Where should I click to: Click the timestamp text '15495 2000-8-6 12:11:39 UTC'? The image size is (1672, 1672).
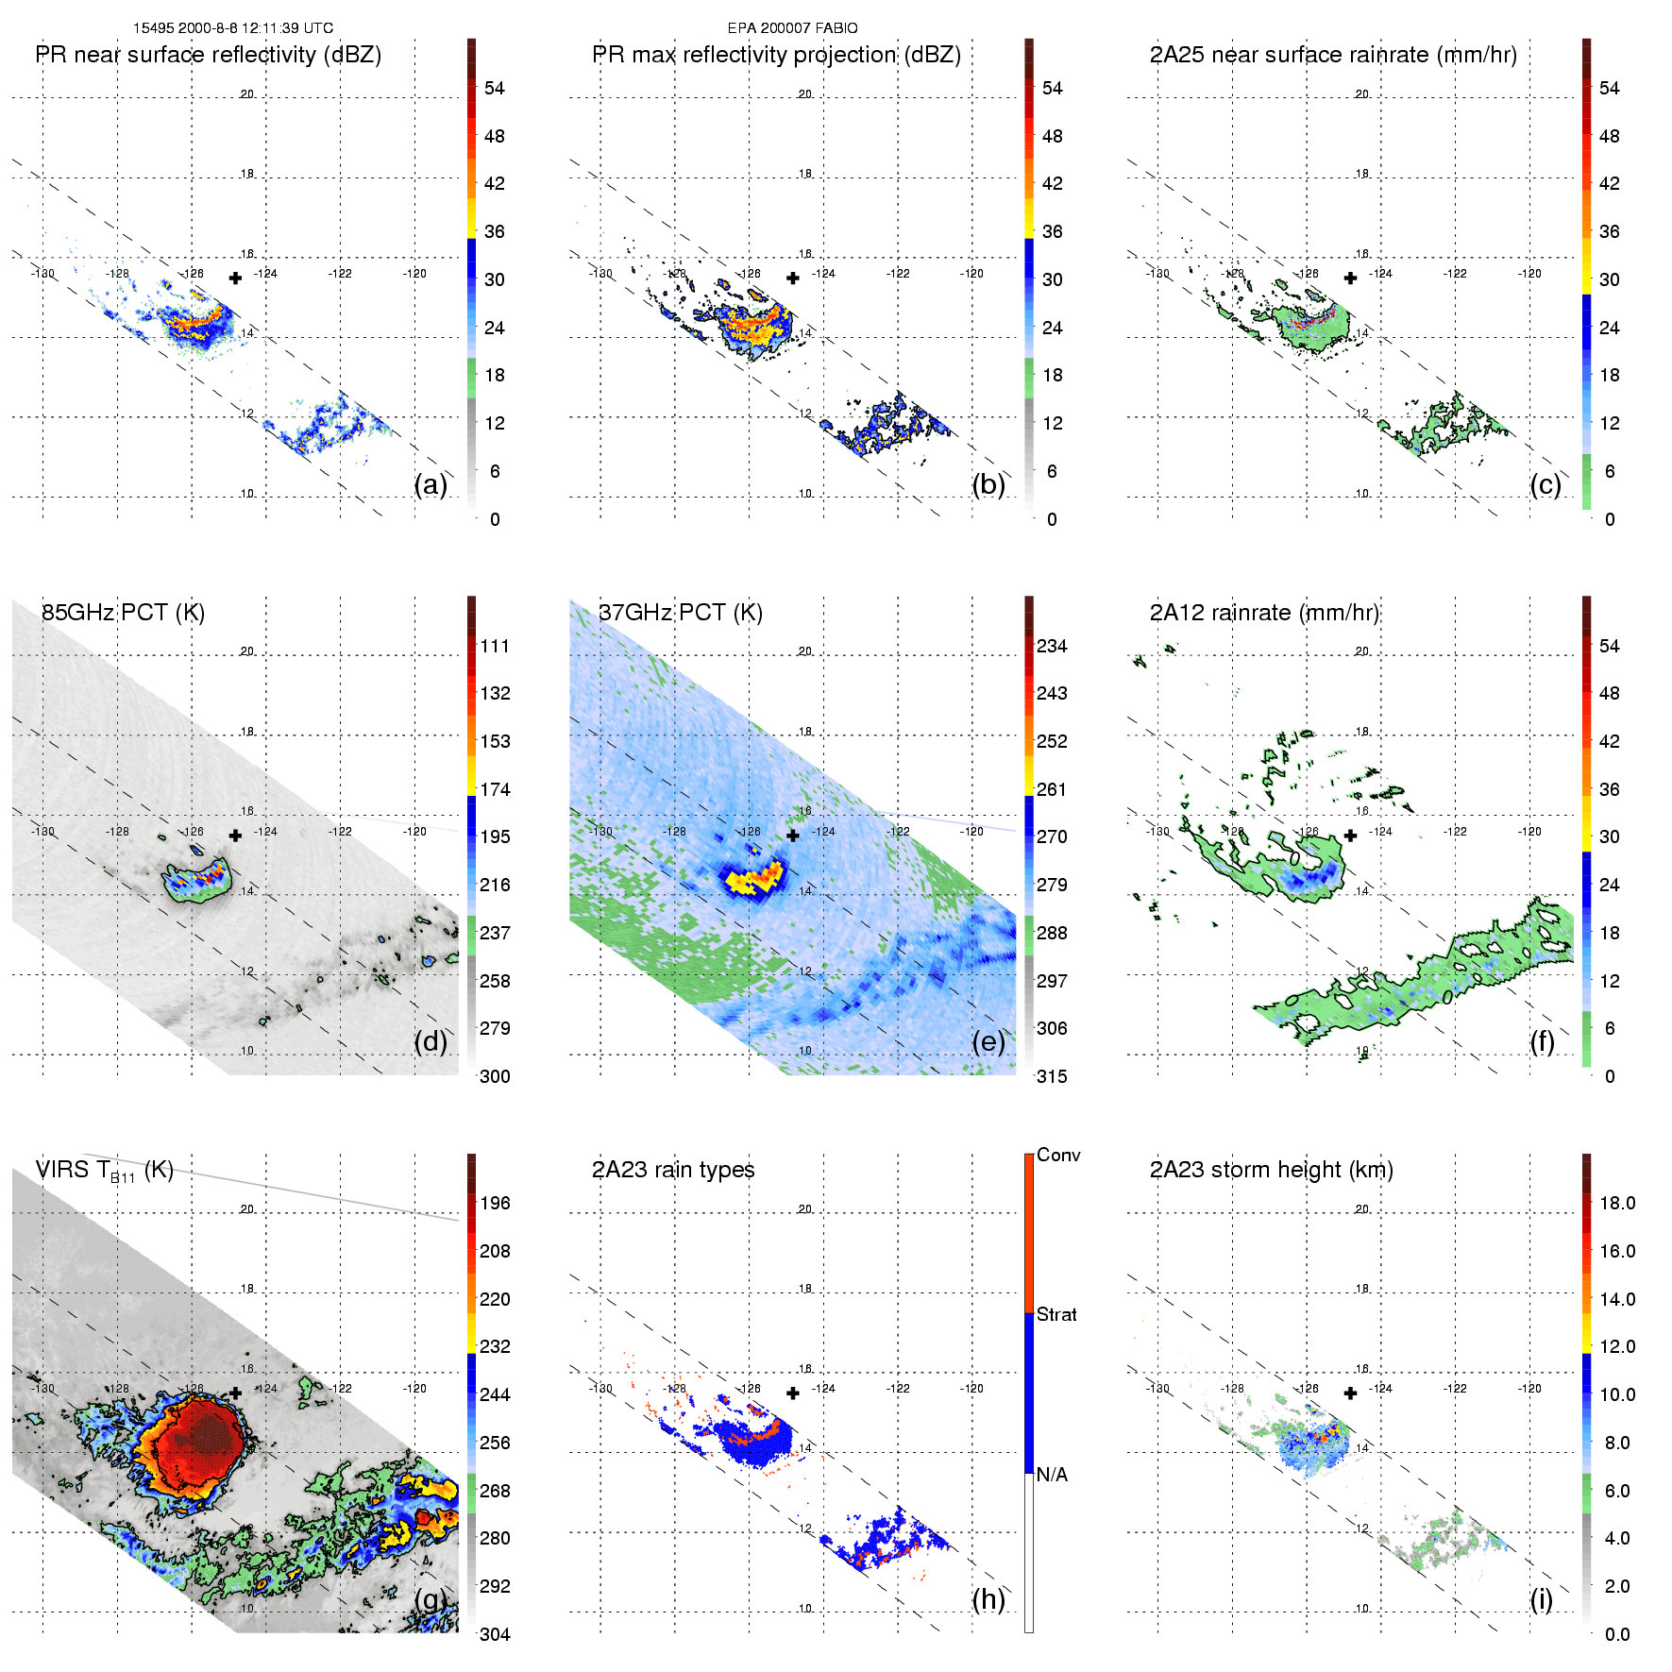[x=232, y=28]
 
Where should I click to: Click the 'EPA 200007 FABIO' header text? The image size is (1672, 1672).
[x=792, y=28]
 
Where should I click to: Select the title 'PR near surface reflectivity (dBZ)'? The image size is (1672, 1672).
[x=208, y=55]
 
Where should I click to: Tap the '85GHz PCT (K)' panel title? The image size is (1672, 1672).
[x=123, y=613]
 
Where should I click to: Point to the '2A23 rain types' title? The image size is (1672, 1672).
[x=673, y=1170]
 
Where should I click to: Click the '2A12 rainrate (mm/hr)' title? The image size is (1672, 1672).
[x=1264, y=613]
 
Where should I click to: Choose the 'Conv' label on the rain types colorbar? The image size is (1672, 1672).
[x=1058, y=1155]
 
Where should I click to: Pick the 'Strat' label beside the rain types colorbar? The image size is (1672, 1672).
[x=1056, y=1314]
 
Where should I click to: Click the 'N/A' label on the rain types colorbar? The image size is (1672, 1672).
[x=1052, y=1475]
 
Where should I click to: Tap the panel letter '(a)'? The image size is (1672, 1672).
[x=431, y=484]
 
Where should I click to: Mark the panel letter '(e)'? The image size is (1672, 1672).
[x=988, y=1041]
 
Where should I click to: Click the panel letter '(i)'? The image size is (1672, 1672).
[x=1541, y=1599]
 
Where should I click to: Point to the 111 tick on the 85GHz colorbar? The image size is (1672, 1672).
[x=495, y=646]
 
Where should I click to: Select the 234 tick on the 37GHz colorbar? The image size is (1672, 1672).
[x=1052, y=646]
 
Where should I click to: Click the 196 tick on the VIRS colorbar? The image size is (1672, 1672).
[x=495, y=1203]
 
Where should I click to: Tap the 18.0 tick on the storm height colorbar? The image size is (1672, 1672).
[x=1617, y=1203]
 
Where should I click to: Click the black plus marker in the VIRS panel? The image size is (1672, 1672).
[x=235, y=1393]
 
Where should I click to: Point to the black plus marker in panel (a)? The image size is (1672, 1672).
[x=235, y=278]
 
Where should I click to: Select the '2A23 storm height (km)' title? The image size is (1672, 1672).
[x=1271, y=1170]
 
